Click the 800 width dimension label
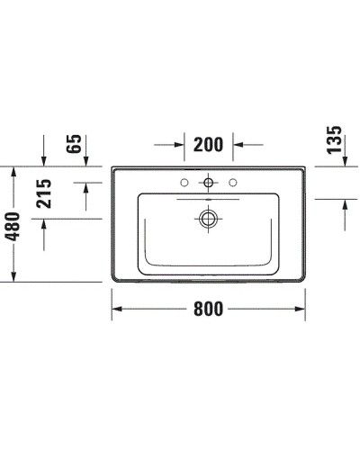(208, 308)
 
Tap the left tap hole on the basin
(184, 184)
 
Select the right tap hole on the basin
(233, 184)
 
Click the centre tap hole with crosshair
(209, 184)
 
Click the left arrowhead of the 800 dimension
(117, 309)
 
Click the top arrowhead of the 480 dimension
(13, 173)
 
